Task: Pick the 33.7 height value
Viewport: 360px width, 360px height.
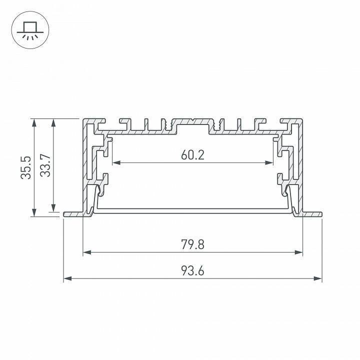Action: [x=45, y=165]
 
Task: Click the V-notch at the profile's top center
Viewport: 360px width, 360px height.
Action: [x=193, y=121]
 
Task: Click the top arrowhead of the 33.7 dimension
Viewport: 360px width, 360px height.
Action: [x=53, y=122]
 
